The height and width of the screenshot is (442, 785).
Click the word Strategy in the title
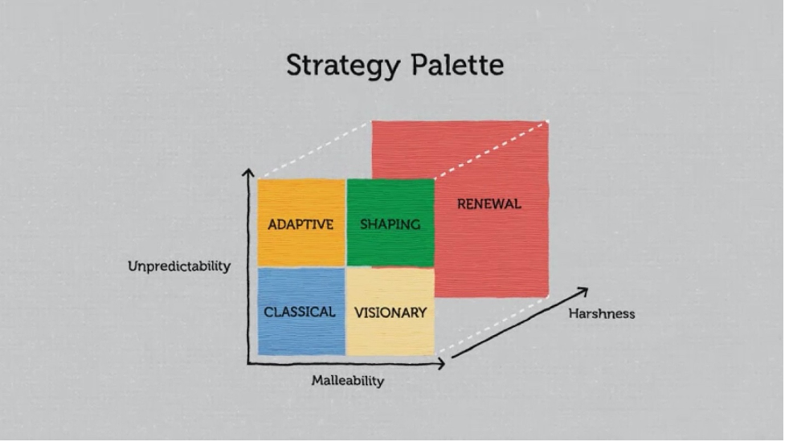(x=343, y=66)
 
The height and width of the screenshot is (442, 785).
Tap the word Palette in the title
(x=457, y=64)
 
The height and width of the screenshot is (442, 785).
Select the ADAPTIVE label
(x=301, y=224)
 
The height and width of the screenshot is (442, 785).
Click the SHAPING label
(x=390, y=224)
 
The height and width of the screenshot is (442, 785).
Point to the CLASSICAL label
(x=300, y=313)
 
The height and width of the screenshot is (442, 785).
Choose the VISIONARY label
(x=390, y=313)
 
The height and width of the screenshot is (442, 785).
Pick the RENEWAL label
(x=489, y=204)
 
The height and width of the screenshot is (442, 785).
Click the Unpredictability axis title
(x=179, y=266)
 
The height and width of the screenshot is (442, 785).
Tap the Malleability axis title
(x=348, y=381)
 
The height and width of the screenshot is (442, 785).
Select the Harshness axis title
(x=602, y=314)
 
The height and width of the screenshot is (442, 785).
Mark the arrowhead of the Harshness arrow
(x=585, y=290)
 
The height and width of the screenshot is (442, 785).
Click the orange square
(x=301, y=223)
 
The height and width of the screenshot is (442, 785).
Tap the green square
(x=390, y=223)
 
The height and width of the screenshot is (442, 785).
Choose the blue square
(x=301, y=311)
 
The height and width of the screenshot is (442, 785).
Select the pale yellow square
(x=390, y=312)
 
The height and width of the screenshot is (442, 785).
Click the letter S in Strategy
(x=295, y=64)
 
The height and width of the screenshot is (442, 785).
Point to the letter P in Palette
(x=419, y=64)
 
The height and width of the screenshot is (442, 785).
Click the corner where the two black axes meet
(x=248, y=363)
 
